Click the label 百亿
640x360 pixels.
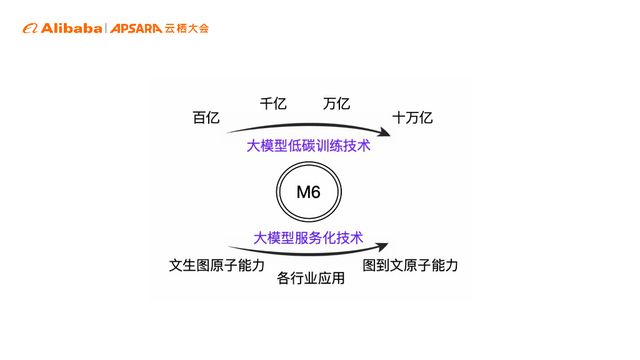pos(206,117)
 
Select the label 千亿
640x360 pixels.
pos(273,104)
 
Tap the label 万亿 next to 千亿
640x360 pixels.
pos(336,104)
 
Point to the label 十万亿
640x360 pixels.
pos(412,117)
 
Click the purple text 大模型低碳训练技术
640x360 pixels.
pos(308,146)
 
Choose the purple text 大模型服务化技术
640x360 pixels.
pos(308,237)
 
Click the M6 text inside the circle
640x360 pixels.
pos(309,192)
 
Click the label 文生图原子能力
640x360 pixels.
pos(217,265)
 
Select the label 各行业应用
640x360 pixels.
pos(311,278)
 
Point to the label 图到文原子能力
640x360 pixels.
pos(411,265)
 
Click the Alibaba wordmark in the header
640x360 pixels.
pos(71,28)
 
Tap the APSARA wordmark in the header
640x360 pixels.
pos(136,28)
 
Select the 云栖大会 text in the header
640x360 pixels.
pos(187,28)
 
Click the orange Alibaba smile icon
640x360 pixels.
pos(31,28)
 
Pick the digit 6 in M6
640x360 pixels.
pos(316,192)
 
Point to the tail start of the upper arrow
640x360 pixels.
pos(227,132)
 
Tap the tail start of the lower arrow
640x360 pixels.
pos(229,246)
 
